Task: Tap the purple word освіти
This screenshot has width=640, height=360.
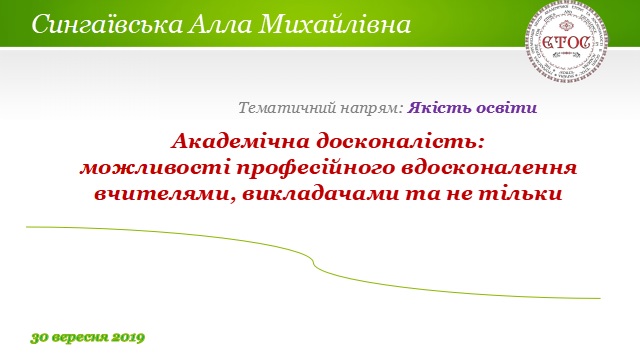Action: [508, 107]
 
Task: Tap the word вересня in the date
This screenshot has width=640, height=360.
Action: [82, 337]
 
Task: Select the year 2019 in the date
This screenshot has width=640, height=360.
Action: [128, 337]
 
